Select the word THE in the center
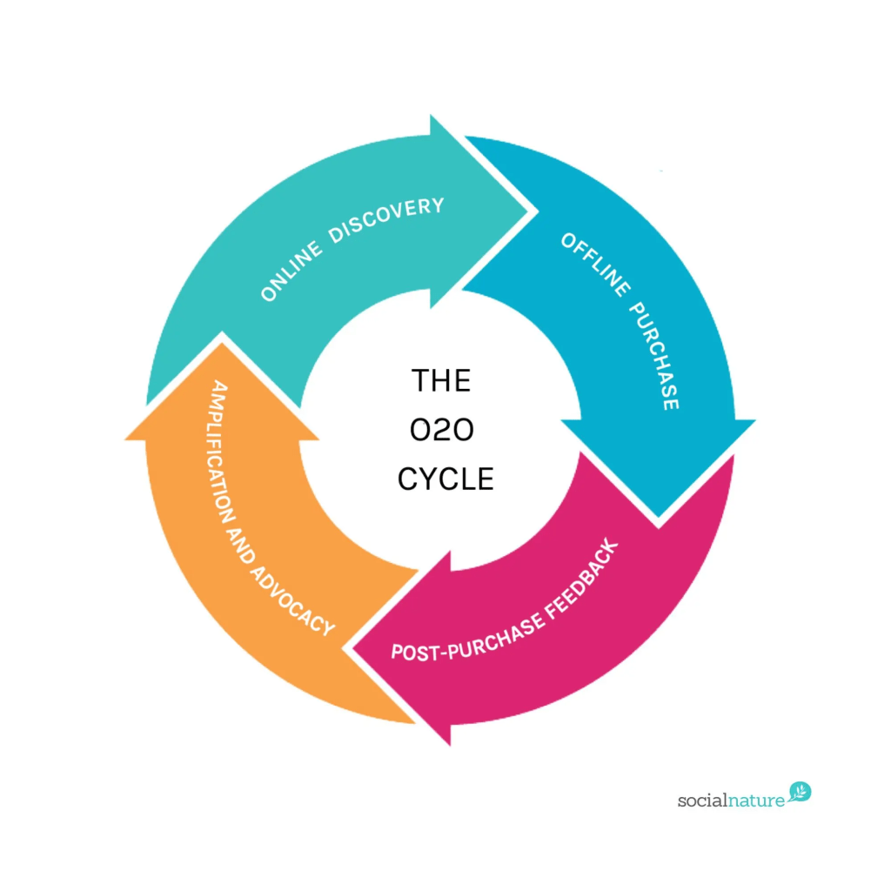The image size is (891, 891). (x=441, y=381)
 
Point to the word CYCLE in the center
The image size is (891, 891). (x=445, y=479)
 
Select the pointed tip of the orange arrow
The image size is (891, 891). (x=222, y=342)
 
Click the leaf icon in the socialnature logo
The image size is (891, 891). (x=801, y=792)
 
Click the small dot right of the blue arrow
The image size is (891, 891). (x=662, y=171)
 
